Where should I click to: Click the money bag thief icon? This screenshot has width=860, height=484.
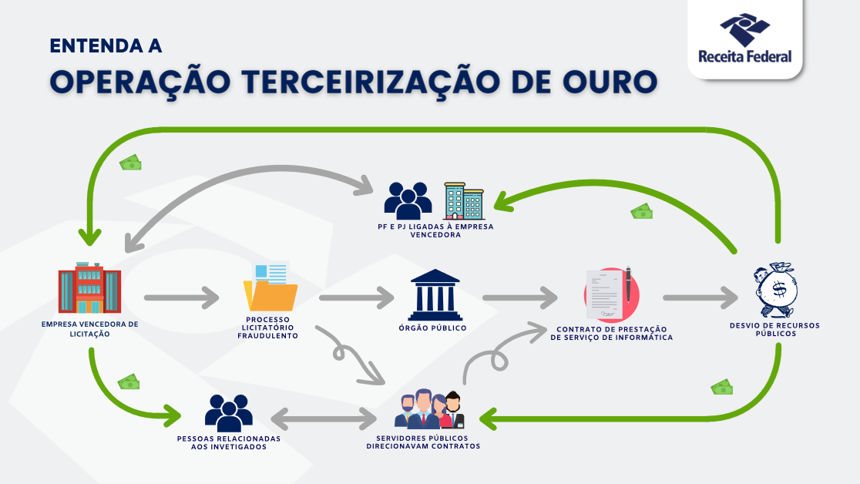pyautogui.click(x=774, y=291)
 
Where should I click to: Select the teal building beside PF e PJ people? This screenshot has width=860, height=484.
pyautogui.click(x=463, y=201)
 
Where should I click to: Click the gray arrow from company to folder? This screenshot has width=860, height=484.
pyautogui.click(x=181, y=296)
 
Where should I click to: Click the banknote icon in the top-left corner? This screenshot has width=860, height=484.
pyautogui.click(x=130, y=163)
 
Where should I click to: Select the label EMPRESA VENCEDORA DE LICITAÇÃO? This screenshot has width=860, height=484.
pyautogui.click(x=90, y=329)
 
